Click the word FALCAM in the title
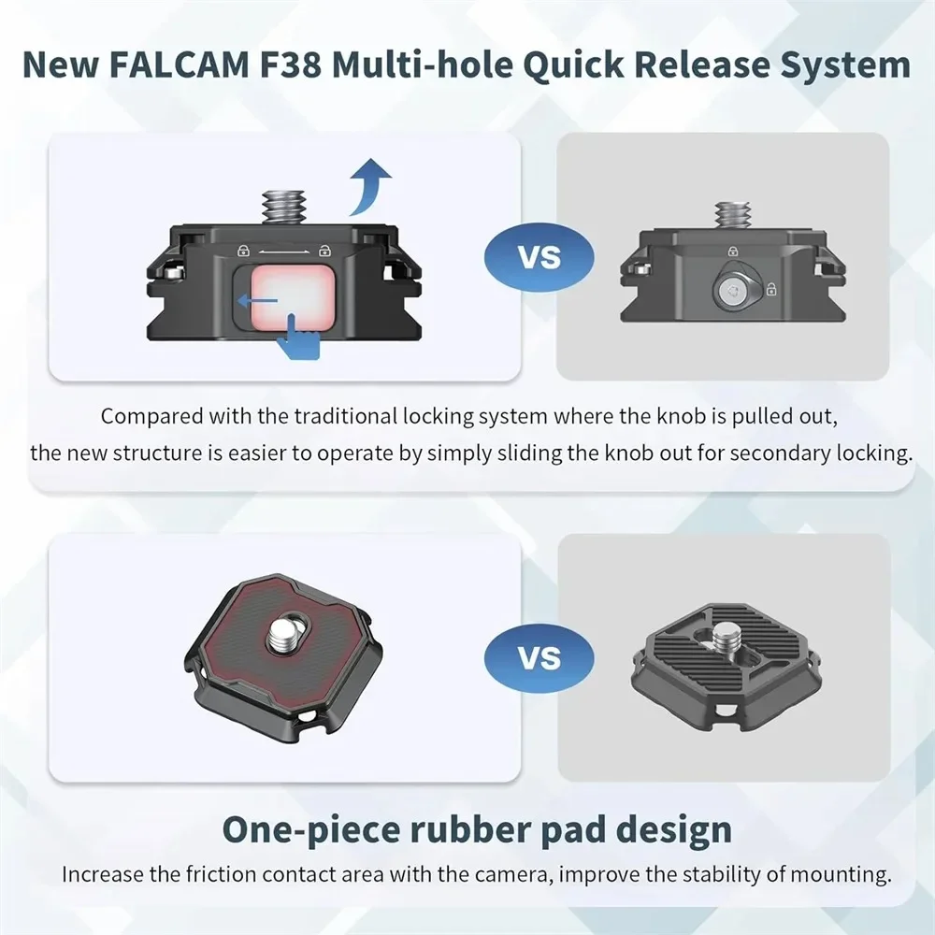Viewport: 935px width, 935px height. (x=204, y=66)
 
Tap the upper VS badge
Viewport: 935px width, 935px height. (x=539, y=256)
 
